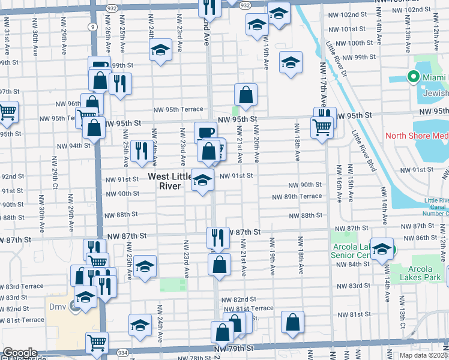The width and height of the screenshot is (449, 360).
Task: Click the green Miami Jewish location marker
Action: (413, 77)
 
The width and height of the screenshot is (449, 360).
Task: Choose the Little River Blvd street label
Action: (363, 151)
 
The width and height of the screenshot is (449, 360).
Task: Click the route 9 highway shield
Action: (91, 27)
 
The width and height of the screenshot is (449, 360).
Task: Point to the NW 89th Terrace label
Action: (297, 197)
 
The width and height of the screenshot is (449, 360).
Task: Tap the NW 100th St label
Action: (355, 43)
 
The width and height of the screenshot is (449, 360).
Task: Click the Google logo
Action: (19, 353)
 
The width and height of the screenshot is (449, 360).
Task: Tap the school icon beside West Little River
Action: (202, 179)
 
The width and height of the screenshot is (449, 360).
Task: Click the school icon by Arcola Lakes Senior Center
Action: (382, 248)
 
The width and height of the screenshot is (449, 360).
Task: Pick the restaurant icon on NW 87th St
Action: (218, 237)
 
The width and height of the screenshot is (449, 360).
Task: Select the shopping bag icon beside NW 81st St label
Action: (292, 322)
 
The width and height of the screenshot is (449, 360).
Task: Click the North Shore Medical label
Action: (416, 136)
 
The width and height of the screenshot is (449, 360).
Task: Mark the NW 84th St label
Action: (354, 264)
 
